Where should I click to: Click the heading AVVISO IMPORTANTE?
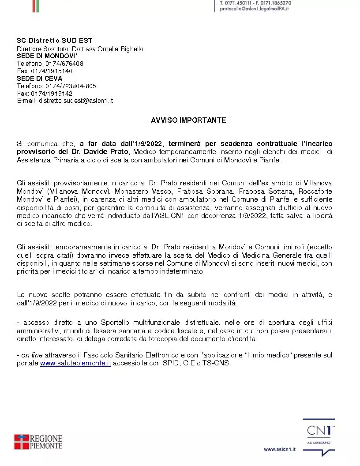click(188, 120)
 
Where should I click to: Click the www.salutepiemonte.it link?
click(75, 363)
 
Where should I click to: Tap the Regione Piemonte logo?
click(38, 442)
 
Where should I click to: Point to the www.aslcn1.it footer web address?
click(280, 449)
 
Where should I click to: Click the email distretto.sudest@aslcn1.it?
click(76, 101)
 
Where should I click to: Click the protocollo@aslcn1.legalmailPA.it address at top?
click(254, 9)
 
